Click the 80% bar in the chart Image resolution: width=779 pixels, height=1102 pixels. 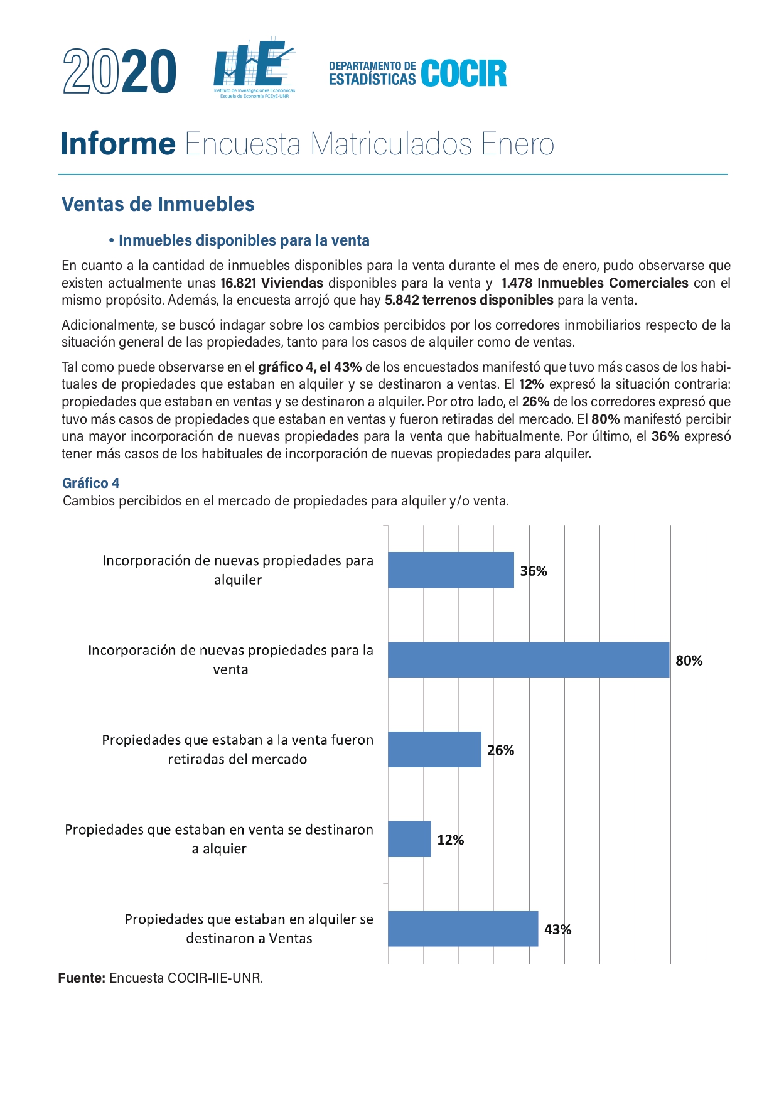coord(529,659)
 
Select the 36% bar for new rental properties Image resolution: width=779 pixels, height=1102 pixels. coord(451,570)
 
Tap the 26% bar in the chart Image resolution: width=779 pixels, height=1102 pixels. coord(434,749)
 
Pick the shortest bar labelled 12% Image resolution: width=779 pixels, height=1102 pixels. coord(409,839)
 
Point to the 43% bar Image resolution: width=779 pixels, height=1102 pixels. coord(463,929)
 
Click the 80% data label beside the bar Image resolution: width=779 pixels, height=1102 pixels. coord(689,661)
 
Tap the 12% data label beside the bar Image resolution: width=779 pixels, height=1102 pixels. coord(450,840)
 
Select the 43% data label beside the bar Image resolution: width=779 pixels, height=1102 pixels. coord(557,930)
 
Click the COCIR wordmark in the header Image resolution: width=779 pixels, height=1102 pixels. coord(464,73)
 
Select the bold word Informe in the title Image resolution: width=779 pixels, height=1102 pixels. coord(118,144)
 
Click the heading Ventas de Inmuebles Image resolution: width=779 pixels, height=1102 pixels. coord(158,204)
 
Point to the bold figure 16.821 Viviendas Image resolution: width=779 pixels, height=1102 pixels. coord(272,283)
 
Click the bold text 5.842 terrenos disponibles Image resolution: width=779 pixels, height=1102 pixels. coord(469,300)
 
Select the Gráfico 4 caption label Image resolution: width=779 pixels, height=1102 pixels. coord(90,483)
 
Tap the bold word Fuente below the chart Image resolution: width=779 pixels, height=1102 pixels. coord(82,978)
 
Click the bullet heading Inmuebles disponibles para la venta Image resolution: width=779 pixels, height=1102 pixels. coord(244,240)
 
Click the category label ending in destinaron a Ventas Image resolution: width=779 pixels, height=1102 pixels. coord(249,929)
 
